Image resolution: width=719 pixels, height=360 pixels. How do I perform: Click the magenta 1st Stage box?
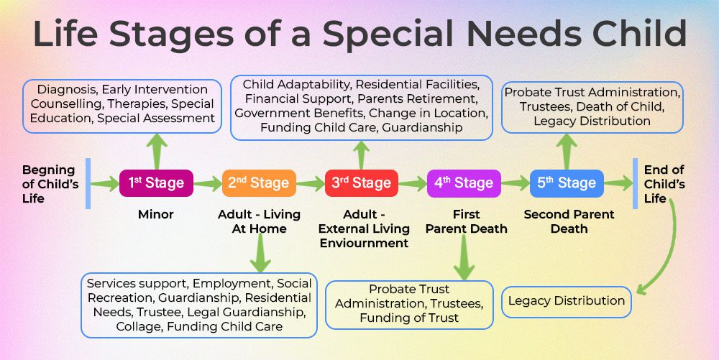click(156, 183)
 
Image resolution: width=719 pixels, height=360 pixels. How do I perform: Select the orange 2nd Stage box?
click(258, 183)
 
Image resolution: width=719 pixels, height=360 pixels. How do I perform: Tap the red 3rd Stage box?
click(361, 183)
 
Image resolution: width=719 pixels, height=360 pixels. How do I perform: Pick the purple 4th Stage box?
click(464, 183)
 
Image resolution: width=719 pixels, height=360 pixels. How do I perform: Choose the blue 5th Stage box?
click(567, 183)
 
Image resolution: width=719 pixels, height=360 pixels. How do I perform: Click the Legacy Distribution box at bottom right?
click(567, 301)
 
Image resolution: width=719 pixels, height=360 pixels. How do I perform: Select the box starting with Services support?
click(198, 305)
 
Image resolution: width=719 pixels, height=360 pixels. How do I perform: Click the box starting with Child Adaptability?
click(362, 107)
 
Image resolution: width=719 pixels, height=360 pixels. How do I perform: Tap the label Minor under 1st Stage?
click(156, 215)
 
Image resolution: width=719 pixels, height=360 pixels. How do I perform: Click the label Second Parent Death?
click(569, 221)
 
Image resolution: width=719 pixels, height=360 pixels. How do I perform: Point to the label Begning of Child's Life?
click(48, 184)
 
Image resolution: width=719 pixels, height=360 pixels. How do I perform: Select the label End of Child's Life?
click(664, 184)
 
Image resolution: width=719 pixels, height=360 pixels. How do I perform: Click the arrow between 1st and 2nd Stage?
click(208, 184)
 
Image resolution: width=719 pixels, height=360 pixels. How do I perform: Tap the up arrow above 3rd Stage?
click(362, 153)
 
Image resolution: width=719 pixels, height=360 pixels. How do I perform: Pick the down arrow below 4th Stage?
click(464, 258)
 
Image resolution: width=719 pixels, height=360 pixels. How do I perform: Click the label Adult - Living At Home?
click(259, 221)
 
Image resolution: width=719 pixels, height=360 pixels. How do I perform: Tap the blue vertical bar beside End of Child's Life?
click(635, 183)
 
